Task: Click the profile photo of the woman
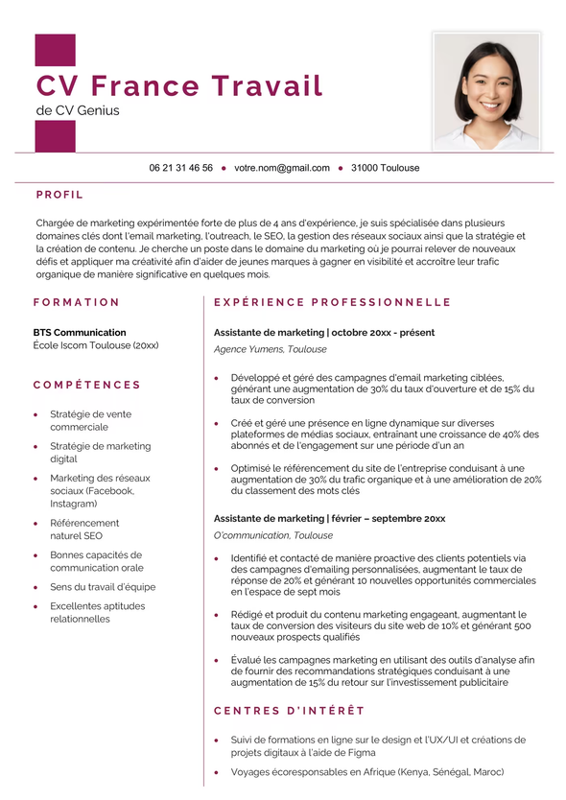[x=486, y=91]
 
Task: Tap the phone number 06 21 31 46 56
[x=180, y=168]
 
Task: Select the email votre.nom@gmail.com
[x=282, y=168]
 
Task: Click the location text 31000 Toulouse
[x=385, y=168]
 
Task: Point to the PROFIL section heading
[x=59, y=195]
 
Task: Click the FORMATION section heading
[x=77, y=302]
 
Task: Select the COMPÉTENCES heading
[x=86, y=385]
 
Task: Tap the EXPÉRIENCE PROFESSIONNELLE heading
[x=332, y=302]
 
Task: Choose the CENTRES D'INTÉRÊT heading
[x=289, y=711]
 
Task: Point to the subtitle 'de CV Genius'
[x=78, y=110]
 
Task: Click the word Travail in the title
[x=267, y=85]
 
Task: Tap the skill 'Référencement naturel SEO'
[x=84, y=529]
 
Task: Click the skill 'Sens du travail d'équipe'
[x=103, y=587]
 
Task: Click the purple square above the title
[x=55, y=51]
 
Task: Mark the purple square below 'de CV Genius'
[x=55, y=136]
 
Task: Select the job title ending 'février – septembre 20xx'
[x=329, y=518]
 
